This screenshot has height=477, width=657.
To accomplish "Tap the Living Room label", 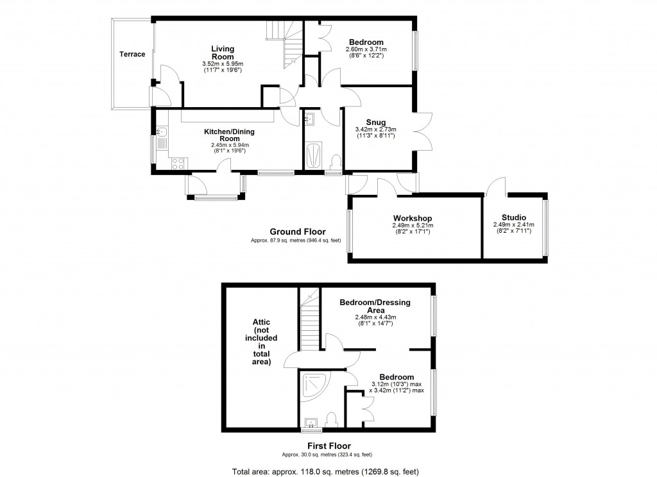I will coord(223,53).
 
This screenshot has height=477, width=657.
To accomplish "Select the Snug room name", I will coord(375,122).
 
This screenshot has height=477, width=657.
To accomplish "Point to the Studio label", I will coord(513,217).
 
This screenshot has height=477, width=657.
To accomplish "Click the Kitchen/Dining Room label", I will coord(230,135).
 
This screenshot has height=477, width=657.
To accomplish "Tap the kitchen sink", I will coord(161,133).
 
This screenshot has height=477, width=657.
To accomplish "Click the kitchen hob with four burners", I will coord(178,163).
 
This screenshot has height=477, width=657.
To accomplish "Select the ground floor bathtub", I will coord(314,156).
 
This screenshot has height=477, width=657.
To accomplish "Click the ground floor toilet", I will coord(334,160).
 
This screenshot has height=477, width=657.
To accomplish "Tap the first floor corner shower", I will coord(319,385).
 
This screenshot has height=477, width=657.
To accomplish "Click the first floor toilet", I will coord(331,420).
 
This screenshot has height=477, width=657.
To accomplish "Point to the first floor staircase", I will coord(311,324).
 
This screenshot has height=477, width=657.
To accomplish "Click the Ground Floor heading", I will coord(297,232).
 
